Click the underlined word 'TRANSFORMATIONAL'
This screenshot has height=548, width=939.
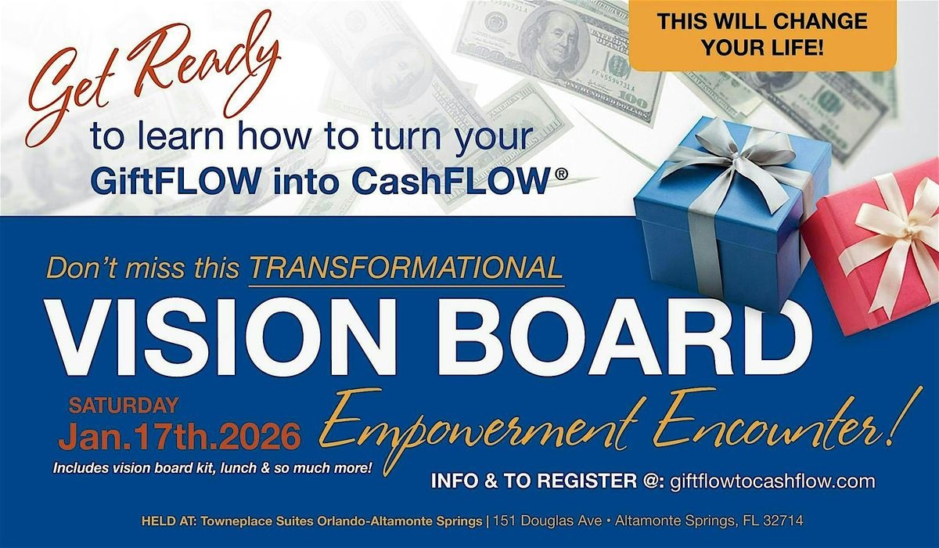406,268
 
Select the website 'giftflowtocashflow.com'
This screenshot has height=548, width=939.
771,481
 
